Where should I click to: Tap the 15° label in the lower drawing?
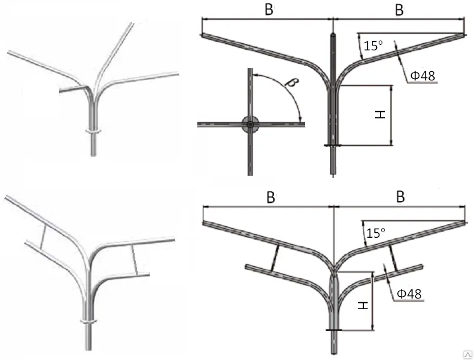[x=375, y=233]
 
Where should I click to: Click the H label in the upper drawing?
[x=380, y=115]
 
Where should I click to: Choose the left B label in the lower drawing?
[x=269, y=198]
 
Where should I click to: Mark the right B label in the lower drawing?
[x=400, y=198]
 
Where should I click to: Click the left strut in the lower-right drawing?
[x=274, y=257]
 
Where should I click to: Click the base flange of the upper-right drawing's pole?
[x=333, y=146]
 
